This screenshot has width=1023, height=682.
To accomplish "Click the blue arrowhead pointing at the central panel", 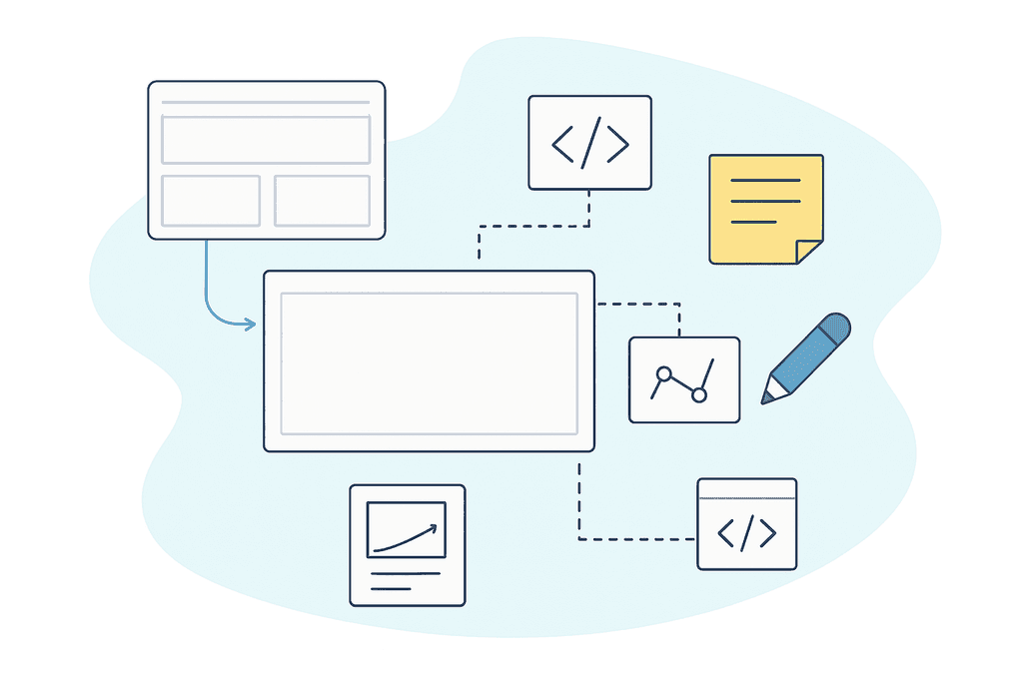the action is [250, 324].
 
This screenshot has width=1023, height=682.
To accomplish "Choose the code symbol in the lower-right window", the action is [746, 534].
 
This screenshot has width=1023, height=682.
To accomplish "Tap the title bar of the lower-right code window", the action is [746, 489].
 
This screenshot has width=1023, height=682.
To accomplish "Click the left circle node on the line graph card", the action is [662, 374].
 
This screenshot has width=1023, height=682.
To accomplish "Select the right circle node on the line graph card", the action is [699, 395].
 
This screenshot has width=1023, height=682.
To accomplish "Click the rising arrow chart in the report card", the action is [406, 529].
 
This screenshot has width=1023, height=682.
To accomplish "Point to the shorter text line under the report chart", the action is [391, 589].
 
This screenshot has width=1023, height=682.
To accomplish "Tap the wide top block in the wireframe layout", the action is [266, 140].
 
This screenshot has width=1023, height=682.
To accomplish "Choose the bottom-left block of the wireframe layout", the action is [211, 201].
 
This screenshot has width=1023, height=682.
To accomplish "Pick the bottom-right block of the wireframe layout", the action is [322, 201].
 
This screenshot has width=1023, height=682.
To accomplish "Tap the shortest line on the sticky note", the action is [753, 221].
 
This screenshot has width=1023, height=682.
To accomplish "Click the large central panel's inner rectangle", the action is [429, 363].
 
